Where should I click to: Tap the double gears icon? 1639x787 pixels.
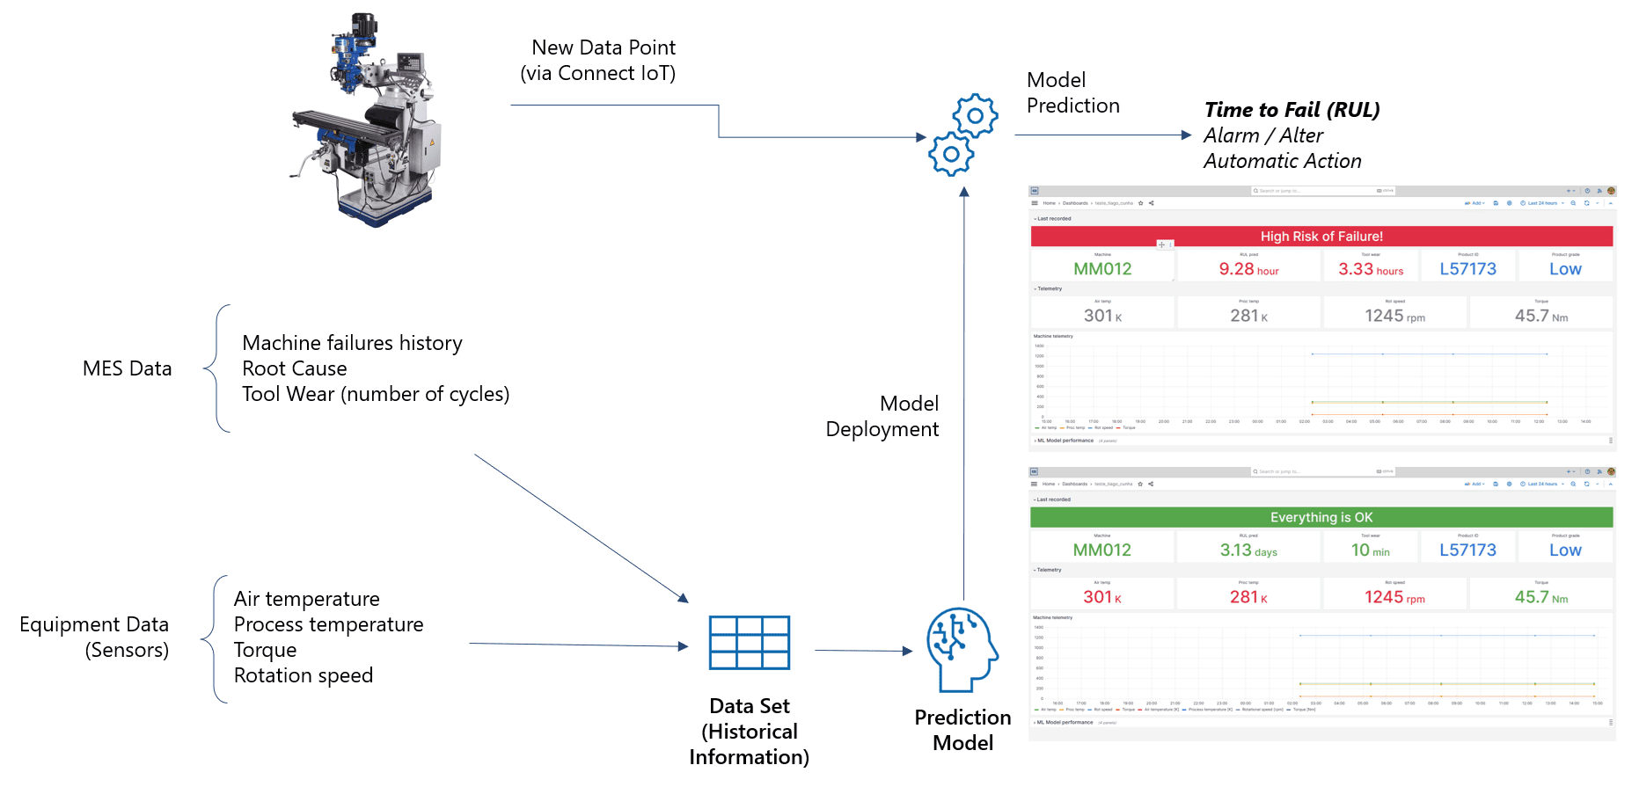coord(963,135)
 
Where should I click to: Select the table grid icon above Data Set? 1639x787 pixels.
coord(750,643)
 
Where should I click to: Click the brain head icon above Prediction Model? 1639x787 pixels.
coord(962,649)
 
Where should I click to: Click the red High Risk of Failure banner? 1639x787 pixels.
coord(1321,237)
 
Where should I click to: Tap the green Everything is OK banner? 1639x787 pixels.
coord(1321,518)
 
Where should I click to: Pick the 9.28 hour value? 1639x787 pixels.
coord(1248,269)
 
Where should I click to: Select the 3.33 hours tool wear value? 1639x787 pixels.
coord(1370,269)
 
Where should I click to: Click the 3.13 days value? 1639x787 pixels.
coord(1248,550)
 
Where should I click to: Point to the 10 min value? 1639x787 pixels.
coord(1370,550)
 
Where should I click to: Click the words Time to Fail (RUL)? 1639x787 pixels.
coord(1291,110)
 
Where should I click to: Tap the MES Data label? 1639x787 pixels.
coord(127,368)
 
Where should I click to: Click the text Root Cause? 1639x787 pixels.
coord(295,368)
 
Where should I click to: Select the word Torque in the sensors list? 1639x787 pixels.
coord(265,650)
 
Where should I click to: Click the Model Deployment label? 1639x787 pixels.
coord(882,416)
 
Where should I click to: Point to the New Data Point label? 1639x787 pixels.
coord(603,47)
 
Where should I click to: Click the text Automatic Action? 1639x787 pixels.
coord(1282,161)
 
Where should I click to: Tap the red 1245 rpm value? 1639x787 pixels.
coord(1394,597)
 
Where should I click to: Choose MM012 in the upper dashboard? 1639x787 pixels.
coord(1102,269)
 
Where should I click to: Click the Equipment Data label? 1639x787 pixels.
coord(94,624)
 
